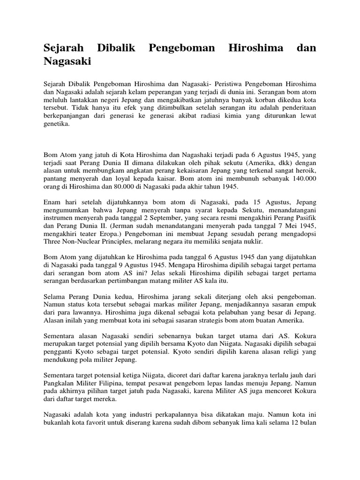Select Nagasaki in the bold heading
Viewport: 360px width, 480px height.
coord(67,61)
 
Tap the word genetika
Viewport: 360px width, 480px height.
coord(56,124)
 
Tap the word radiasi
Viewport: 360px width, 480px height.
coord(208,116)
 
